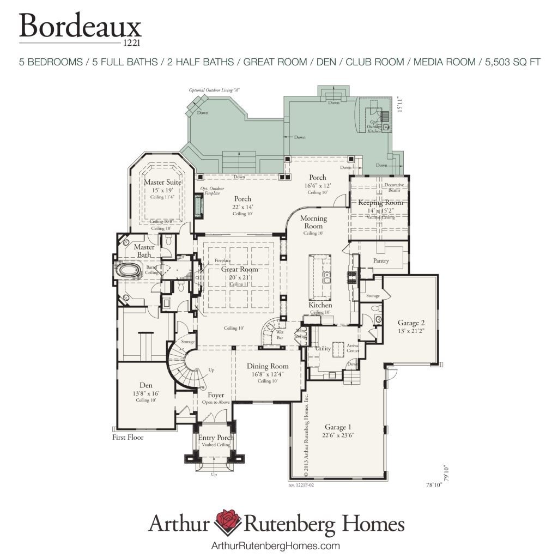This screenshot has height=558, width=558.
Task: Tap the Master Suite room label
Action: point(162,182)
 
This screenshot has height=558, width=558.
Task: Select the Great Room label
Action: point(240,269)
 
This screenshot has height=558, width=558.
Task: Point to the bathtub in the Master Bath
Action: point(129,270)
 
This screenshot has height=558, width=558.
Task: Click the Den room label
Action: point(145,385)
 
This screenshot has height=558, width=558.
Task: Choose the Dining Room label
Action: point(268,366)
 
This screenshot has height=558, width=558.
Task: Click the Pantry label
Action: point(381,260)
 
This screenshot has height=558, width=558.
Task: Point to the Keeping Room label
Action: point(380,203)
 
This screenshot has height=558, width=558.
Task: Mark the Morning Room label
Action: point(313,222)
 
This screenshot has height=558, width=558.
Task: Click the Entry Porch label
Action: point(216,438)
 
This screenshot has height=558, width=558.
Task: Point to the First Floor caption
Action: point(128,437)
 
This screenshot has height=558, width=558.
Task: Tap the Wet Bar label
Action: point(280,334)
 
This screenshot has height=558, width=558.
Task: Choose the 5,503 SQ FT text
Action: point(512,62)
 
